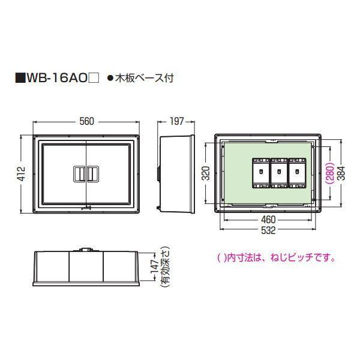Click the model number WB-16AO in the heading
coord(60,78)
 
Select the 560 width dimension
coord(86,121)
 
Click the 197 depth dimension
coord(176,121)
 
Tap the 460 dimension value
coord(268,220)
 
